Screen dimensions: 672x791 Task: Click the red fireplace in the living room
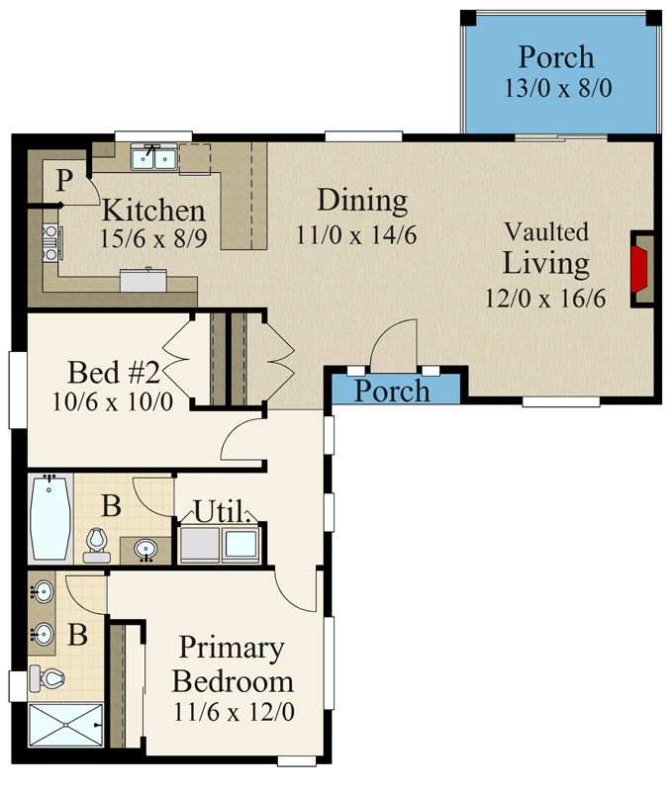638,268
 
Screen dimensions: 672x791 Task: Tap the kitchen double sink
154,157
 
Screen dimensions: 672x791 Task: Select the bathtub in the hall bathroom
50,518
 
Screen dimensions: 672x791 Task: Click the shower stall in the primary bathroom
65,725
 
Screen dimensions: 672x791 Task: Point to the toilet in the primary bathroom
47,678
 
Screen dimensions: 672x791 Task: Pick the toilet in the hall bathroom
96,545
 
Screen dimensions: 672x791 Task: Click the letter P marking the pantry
64,180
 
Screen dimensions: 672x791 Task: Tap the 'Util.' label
222,511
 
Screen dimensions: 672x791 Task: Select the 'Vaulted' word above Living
546,232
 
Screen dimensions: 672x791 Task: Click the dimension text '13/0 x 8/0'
558,88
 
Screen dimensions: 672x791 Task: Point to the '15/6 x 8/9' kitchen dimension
153,238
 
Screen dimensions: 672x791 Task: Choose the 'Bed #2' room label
114,373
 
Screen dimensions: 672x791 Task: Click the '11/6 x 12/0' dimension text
234,712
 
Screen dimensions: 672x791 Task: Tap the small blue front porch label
392,391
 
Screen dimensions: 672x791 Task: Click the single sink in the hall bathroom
145,549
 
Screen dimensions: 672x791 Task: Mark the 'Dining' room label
362,201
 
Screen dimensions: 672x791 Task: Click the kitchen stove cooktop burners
50,243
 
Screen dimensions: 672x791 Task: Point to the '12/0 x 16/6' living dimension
545,299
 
